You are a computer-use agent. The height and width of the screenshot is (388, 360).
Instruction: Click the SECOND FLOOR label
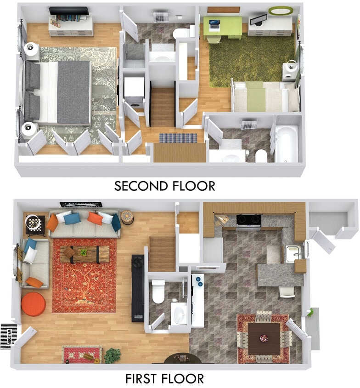(164, 186)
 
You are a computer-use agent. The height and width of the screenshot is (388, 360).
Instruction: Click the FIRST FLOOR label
(164, 379)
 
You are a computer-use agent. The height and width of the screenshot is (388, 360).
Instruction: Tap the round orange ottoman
(34, 304)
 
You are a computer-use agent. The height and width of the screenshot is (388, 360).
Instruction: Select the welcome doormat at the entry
(8, 336)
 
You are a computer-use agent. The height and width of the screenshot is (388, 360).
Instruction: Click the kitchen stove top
(248, 221)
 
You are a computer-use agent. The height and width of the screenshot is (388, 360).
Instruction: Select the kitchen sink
(292, 253)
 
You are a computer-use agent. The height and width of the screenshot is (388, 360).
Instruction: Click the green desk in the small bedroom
(223, 26)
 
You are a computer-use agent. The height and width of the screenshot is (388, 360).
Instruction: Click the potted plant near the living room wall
(112, 355)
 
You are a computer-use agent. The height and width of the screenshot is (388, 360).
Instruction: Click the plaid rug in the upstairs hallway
(178, 138)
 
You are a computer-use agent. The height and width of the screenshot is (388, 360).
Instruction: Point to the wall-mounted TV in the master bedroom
(69, 11)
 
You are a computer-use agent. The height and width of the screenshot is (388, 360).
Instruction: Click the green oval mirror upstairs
(281, 11)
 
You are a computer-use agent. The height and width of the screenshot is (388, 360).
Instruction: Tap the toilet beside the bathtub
(261, 156)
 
